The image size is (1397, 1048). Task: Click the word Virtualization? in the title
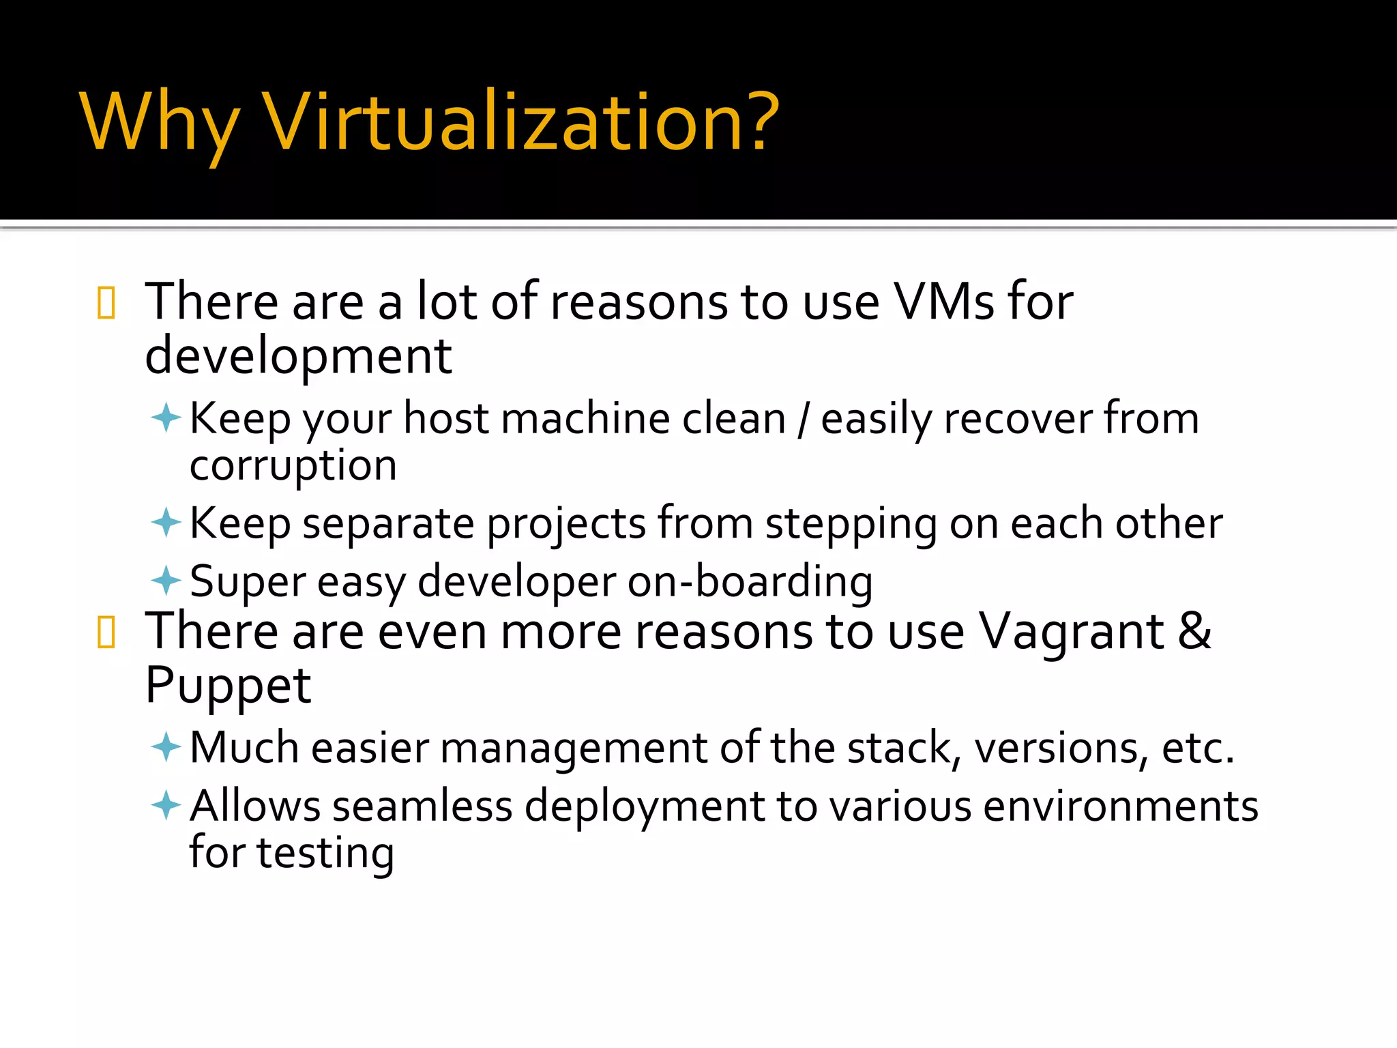[521, 123]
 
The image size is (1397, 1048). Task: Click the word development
[298, 357]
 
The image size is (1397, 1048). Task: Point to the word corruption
[293, 467]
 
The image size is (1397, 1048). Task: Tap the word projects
[565, 525]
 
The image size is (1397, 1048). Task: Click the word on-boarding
[750, 583]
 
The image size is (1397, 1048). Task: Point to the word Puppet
[228, 686]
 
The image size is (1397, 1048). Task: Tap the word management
[574, 748]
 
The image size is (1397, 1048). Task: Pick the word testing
[325, 854]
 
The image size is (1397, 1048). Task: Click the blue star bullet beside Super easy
[166, 581]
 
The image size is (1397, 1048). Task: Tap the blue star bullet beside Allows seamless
[166, 805]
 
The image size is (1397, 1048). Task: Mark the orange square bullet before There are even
[106, 632]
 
